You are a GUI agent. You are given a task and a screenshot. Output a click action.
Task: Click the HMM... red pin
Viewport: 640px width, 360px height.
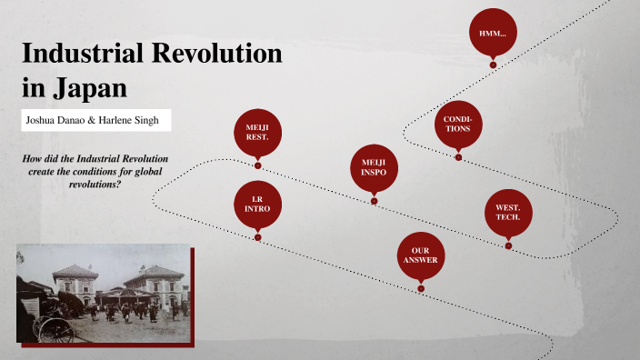pyautogui.click(x=493, y=32)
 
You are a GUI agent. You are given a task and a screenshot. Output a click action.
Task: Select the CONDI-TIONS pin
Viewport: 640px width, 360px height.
pyautogui.click(x=457, y=124)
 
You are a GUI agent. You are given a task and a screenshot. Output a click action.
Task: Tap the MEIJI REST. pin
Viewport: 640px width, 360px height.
pyautogui.click(x=257, y=133)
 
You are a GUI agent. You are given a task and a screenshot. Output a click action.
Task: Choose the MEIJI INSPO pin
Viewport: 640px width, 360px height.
pyautogui.click(x=373, y=167)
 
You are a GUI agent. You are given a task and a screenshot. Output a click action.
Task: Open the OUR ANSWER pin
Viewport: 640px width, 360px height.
pyautogui.click(x=420, y=255)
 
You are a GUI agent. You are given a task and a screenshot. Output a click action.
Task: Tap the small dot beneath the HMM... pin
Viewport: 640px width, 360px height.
pyautogui.click(x=493, y=65)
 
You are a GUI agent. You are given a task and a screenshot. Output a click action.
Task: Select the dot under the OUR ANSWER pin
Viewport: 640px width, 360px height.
pyautogui.click(x=421, y=289)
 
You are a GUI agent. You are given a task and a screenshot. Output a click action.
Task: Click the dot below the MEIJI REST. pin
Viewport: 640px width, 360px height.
pyautogui.click(x=258, y=166)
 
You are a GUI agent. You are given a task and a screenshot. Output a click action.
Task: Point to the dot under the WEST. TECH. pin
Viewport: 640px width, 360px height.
pyautogui.click(x=508, y=245)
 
